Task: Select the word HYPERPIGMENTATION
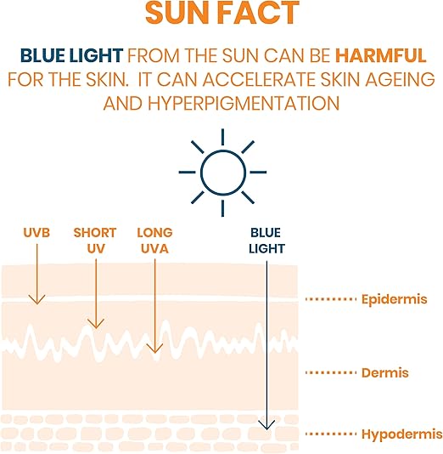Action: pyautogui.click(x=251, y=103)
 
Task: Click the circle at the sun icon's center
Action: pyautogui.click(x=222, y=171)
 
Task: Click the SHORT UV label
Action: pyautogui.click(x=95, y=241)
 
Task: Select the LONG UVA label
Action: pyautogui.click(x=154, y=241)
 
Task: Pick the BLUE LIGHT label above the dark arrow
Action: pyautogui.click(x=267, y=241)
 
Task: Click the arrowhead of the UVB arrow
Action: pyautogui.click(x=36, y=299)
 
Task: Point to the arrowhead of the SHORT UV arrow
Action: pyautogui.click(x=96, y=324)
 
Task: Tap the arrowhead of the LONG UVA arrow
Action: pyautogui.click(x=154, y=348)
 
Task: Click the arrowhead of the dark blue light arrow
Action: pyautogui.click(x=268, y=424)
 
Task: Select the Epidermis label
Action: pyautogui.click(x=401, y=299)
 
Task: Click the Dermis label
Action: pyautogui.click(x=385, y=372)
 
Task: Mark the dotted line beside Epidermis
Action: pyautogui.click(x=329, y=299)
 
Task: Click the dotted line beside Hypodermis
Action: pyautogui.click(x=329, y=434)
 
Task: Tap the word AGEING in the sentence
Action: pyautogui.click(x=390, y=80)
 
